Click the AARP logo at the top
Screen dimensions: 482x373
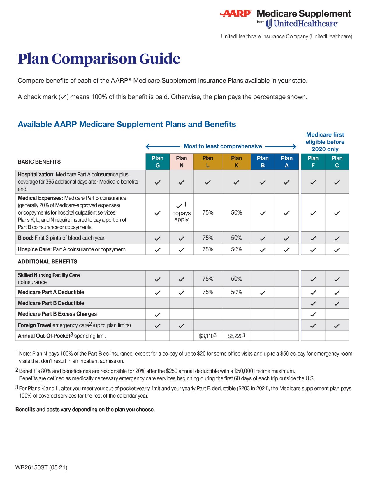235,13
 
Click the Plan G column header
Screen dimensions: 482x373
157,162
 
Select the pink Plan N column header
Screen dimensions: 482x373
181,162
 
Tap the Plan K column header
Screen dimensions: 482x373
236,162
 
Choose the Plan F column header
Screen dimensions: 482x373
313,162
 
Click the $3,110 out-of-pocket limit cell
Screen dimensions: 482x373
207,336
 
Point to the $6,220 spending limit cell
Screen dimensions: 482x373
236,336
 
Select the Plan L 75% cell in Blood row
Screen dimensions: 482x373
208,238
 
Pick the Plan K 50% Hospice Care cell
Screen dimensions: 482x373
236,249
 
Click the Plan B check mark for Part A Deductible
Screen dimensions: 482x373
263,293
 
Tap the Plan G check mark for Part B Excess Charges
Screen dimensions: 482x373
157,314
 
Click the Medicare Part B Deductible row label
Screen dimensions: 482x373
51,303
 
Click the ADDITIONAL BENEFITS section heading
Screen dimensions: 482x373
47,261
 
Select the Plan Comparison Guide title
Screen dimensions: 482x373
99,59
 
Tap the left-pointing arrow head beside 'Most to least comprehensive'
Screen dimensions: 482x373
148,146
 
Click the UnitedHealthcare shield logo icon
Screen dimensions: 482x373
268,24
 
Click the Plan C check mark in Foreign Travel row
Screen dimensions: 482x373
337,326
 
